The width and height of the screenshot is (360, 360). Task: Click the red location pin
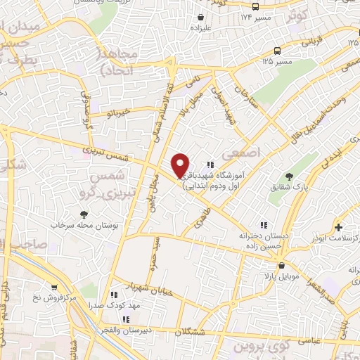[x=181, y=165]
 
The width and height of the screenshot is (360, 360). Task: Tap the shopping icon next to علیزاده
[x=202, y=18]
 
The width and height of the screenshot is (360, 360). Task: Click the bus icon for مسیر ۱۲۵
[x=278, y=51]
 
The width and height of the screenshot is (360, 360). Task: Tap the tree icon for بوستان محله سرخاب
[x=84, y=214]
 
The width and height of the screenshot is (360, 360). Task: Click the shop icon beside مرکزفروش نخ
[x=54, y=287]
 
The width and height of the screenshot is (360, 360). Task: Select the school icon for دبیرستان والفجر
[x=125, y=319]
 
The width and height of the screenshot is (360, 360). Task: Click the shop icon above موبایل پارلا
[x=281, y=266]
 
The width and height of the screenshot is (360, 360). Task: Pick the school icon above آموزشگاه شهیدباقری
[x=210, y=165]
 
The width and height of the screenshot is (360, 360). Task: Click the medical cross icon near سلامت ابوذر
[x=339, y=227]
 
